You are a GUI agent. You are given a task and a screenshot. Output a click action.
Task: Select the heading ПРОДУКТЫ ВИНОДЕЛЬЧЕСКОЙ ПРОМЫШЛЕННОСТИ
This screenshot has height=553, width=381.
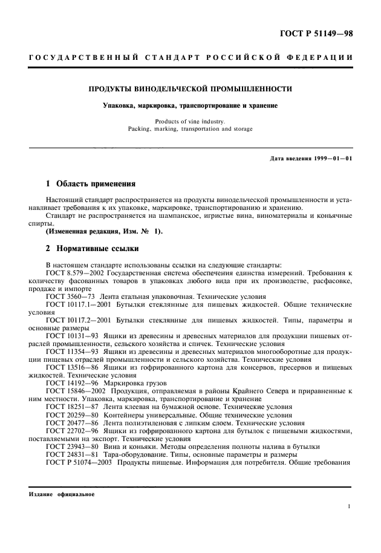(x=190, y=89)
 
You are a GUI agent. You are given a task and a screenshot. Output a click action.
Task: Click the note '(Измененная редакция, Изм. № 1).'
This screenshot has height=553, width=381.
(x=104, y=231)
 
